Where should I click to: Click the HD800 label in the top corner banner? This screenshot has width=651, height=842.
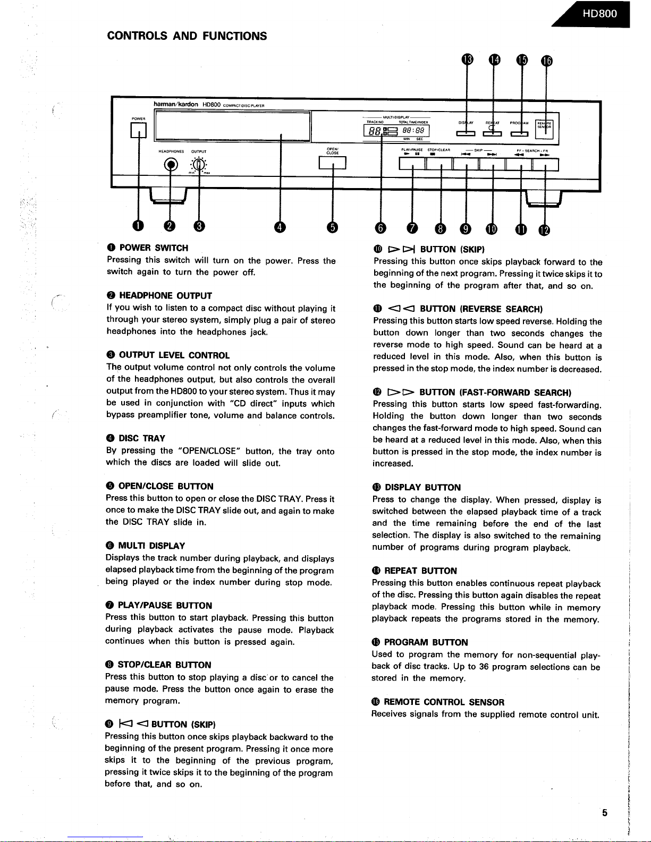coord(599,13)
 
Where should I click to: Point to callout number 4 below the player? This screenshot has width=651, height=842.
coord(280,227)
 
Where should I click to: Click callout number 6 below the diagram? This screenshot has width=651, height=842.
coord(381,228)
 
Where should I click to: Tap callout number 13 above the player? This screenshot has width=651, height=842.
coord(467,59)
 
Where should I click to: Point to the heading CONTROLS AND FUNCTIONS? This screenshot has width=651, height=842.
coord(187,36)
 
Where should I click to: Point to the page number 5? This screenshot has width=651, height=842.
coord(605,812)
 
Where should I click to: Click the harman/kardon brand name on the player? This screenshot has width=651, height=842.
coord(176,104)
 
